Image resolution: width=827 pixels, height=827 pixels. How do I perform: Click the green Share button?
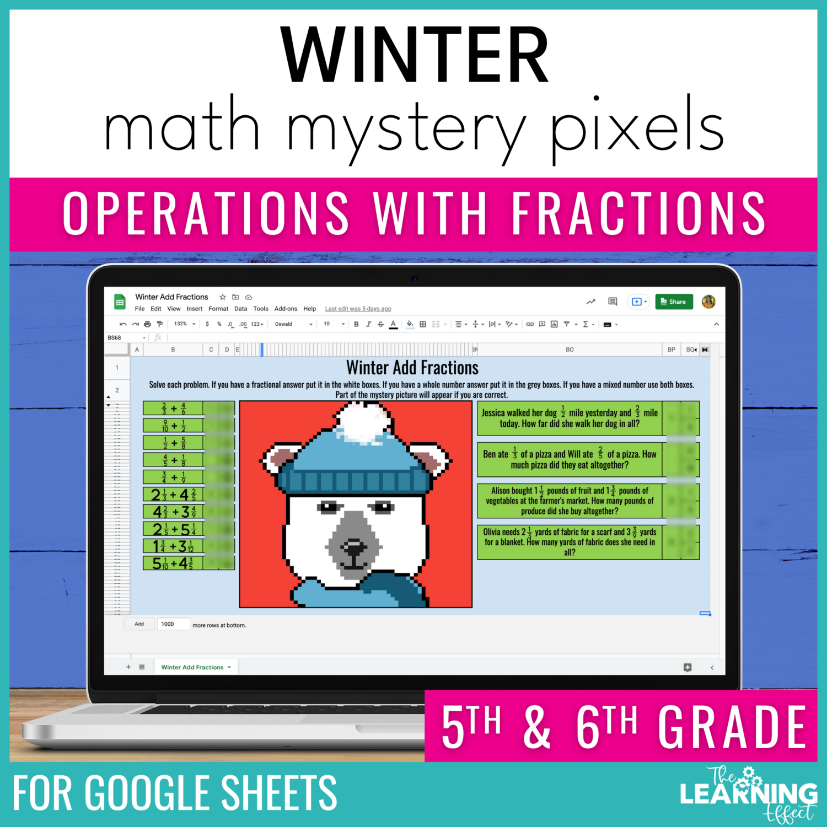coord(673,302)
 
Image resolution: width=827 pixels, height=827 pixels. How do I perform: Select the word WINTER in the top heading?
coord(414,55)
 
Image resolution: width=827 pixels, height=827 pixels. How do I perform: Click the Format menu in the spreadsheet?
coord(218,309)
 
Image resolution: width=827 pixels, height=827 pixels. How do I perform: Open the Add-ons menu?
coord(286,309)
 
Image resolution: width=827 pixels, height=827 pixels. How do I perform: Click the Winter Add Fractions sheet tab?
coord(192,667)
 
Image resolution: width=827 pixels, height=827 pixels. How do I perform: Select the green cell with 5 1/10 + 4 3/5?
coord(173,563)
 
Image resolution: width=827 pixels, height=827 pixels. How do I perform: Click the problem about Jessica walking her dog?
coord(569,418)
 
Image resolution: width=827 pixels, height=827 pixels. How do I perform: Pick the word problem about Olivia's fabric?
coord(569,542)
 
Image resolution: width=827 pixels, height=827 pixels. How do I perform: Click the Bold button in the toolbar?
coord(356,324)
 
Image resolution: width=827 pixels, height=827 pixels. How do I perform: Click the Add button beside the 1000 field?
coord(139,624)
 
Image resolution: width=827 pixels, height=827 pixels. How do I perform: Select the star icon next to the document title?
coord(223,297)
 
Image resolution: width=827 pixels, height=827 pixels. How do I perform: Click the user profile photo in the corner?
coord(708,302)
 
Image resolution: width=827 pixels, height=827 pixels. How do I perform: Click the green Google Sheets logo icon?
coord(120,302)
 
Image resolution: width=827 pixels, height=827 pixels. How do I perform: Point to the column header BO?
coord(570,350)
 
